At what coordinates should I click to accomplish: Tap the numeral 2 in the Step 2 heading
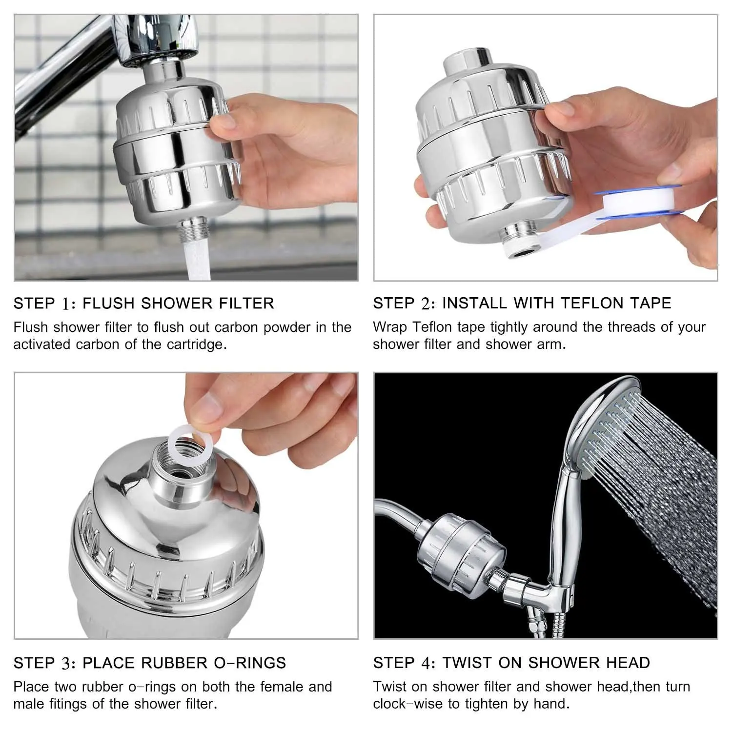[426, 303]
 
